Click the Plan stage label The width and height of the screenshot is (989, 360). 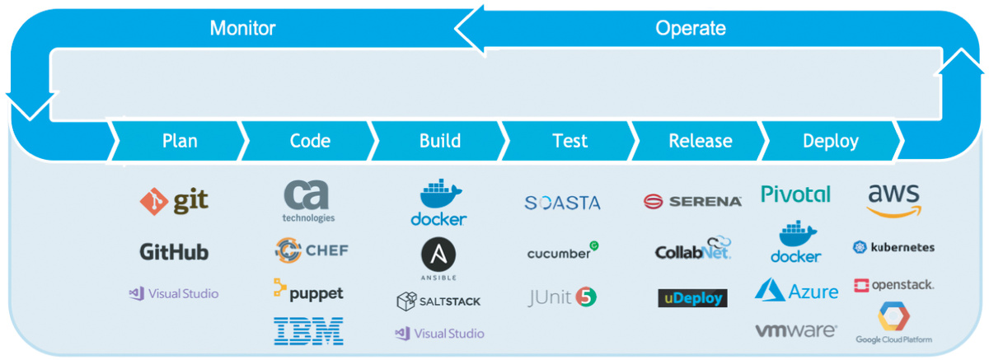pyautogui.click(x=180, y=141)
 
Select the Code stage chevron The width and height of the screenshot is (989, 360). pyautogui.click(x=310, y=141)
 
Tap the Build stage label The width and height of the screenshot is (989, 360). pyautogui.click(x=440, y=141)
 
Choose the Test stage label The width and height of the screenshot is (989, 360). pyautogui.click(x=569, y=141)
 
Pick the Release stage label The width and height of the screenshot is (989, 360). pyautogui.click(x=701, y=141)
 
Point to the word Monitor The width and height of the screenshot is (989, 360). pyautogui.click(x=242, y=29)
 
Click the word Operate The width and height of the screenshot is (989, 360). pyautogui.click(x=691, y=29)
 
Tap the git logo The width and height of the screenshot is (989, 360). pyautogui.click(x=174, y=201)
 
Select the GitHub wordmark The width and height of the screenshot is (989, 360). pyautogui.click(x=174, y=252)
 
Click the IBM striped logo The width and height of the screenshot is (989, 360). pyautogui.click(x=309, y=331)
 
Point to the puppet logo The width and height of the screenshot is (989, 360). pyautogui.click(x=309, y=291)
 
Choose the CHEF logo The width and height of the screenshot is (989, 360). pyautogui.click(x=312, y=250)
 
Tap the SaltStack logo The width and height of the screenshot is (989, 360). pyautogui.click(x=438, y=301)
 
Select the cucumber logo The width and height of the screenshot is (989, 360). pyautogui.click(x=563, y=251)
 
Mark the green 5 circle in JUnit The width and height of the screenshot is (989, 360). pyautogui.click(x=586, y=297)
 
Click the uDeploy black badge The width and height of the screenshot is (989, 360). pyautogui.click(x=693, y=297)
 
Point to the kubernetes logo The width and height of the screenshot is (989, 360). pyautogui.click(x=894, y=247)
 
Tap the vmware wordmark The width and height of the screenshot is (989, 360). pyautogui.click(x=796, y=330)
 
